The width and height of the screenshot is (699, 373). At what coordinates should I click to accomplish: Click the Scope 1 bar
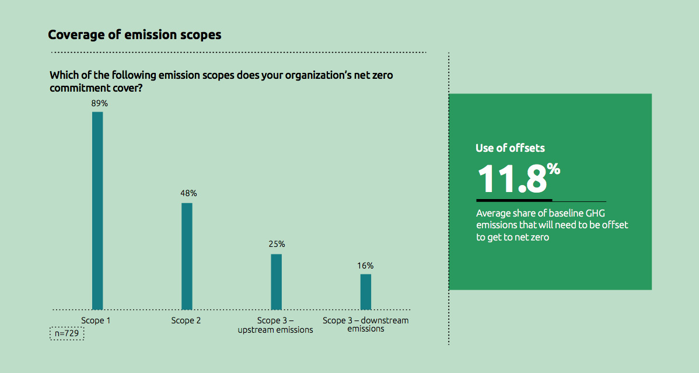(97, 210)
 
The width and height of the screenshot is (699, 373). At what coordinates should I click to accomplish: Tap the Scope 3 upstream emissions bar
(276, 281)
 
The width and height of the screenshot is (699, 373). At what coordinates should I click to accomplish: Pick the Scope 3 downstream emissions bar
(366, 291)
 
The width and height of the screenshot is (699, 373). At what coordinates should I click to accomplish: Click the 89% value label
(100, 103)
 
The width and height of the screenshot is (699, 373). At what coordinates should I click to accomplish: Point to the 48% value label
(188, 193)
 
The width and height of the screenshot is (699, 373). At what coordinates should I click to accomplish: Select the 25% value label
(277, 244)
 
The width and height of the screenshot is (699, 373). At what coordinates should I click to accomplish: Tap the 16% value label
(366, 266)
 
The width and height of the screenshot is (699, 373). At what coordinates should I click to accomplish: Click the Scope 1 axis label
(96, 320)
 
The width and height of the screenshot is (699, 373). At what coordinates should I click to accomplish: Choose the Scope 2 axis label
(186, 320)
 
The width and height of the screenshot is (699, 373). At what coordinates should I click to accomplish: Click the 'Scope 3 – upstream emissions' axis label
(275, 325)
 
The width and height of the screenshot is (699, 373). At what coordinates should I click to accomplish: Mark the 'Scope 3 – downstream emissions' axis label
(366, 325)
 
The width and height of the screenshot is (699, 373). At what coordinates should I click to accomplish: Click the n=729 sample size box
(67, 333)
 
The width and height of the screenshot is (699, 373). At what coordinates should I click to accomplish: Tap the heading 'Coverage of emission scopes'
(135, 35)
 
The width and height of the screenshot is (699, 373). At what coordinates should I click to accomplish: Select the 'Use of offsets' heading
(510, 148)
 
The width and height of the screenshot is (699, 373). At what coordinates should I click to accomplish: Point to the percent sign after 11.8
(554, 170)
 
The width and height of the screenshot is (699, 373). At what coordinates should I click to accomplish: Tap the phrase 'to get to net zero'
(512, 238)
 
